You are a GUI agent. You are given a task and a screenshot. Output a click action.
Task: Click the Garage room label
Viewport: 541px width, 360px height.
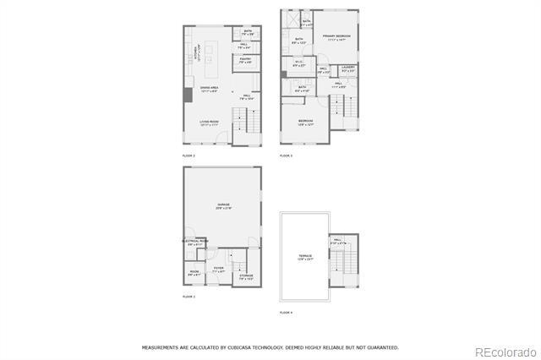224,206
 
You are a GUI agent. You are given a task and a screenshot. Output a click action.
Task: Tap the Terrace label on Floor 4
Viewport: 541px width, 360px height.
304,255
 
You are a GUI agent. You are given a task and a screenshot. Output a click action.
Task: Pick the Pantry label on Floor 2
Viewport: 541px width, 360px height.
245,59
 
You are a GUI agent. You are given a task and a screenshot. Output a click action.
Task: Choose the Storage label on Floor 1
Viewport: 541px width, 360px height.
246,275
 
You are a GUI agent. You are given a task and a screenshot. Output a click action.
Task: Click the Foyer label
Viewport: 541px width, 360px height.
218,269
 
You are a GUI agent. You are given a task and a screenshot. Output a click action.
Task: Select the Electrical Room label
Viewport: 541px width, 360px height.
195,242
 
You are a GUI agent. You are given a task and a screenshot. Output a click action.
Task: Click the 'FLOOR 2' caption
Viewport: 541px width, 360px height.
189,156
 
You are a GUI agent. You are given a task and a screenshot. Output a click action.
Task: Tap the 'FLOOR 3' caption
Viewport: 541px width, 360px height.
286,156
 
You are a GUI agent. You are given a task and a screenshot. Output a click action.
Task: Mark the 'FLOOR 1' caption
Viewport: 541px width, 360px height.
189,297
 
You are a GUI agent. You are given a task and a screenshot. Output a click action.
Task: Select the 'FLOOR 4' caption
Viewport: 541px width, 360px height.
286,313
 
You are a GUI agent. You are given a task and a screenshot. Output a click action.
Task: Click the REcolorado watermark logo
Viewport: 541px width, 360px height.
505,351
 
